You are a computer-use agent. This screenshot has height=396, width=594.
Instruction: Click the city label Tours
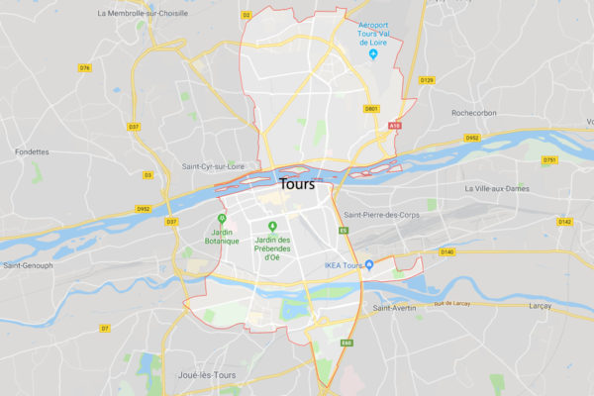tap(297, 185)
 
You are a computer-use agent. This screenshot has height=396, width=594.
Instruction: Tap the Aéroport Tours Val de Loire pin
tap(373, 53)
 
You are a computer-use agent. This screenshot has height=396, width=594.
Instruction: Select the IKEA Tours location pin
tap(369, 264)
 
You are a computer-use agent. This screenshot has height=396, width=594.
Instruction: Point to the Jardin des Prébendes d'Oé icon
tap(272, 227)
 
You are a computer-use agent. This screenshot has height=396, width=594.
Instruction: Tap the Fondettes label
tap(32, 151)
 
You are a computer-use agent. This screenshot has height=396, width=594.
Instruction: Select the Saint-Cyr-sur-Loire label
tap(210, 166)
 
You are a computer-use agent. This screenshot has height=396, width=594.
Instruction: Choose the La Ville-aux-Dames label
tap(497, 188)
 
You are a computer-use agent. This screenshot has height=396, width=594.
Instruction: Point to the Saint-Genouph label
tap(29, 265)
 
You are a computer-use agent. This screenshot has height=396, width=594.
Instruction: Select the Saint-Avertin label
tap(393, 308)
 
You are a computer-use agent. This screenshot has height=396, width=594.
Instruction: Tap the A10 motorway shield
tap(396, 126)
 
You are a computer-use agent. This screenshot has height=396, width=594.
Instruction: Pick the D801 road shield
tap(371, 109)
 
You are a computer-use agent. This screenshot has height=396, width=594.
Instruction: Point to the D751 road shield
tap(548, 159)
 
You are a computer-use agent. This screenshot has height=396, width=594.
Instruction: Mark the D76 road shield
tap(85, 67)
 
